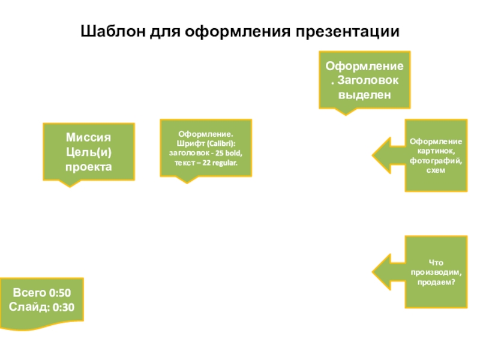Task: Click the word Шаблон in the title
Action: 113,31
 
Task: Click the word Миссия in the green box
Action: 88,137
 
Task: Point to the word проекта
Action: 88,167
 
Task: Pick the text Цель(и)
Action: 88,152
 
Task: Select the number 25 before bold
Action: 219,153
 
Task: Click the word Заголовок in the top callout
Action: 368,80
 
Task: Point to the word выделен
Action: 364,95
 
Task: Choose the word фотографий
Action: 436,161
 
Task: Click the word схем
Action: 436,170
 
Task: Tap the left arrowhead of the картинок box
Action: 373,155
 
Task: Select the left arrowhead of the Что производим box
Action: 373,272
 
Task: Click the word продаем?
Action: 436,282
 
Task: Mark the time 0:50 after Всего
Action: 60,293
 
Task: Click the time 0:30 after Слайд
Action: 64,307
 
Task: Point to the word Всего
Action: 29,293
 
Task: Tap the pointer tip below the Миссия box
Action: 70,187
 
